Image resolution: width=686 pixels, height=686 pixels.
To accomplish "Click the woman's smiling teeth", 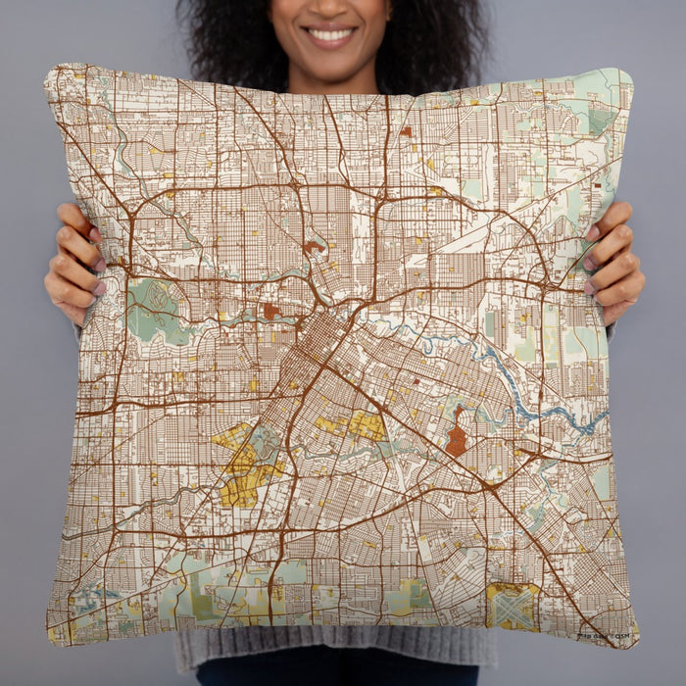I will [x=331, y=35].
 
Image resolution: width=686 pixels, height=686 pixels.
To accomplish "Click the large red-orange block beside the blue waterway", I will [x=456, y=440].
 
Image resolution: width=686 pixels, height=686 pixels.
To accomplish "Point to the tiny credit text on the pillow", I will [x=604, y=637].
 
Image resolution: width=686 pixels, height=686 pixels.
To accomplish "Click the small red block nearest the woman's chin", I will [x=405, y=130].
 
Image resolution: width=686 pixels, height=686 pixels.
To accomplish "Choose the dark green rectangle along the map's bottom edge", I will [x=407, y=594].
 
